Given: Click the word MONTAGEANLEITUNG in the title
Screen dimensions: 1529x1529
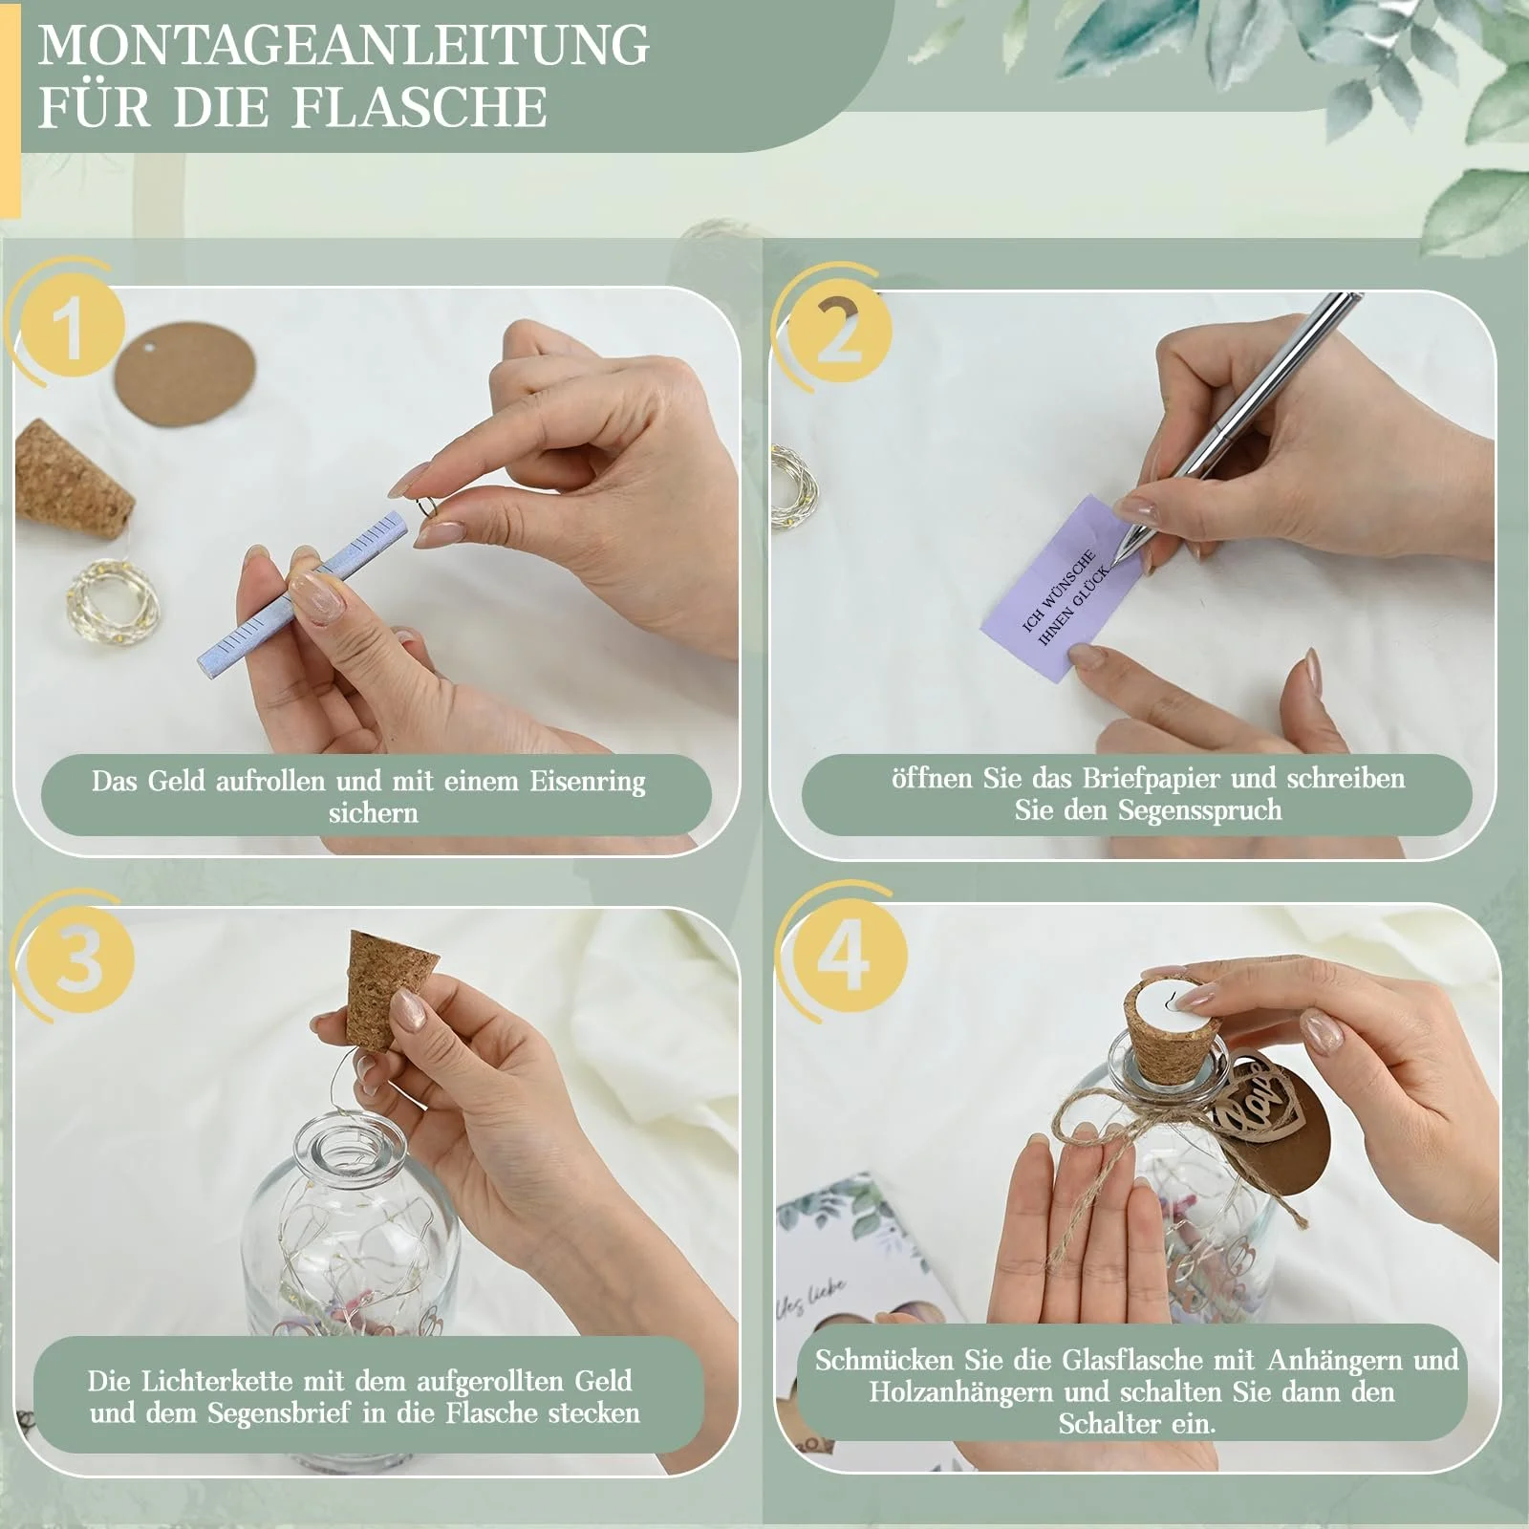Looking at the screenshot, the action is [344, 44].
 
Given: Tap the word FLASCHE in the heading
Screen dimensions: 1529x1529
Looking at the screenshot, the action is [420, 106].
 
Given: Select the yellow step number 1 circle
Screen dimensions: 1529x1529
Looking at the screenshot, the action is [69, 327].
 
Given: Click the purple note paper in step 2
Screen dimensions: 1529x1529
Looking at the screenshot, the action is [1061, 587].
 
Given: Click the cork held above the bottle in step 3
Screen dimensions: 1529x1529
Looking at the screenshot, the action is [391, 991].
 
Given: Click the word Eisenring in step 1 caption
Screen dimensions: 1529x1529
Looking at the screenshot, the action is [587, 782].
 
